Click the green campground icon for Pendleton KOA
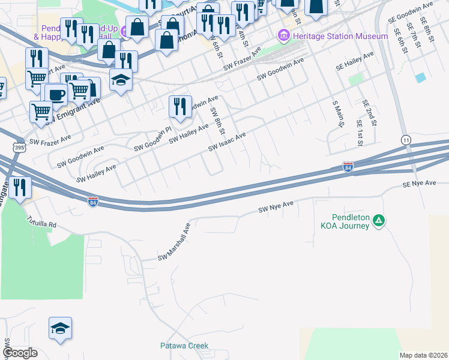click(x=379, y=221)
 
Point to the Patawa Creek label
click(x=184, y=346)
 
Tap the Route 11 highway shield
click(x=407, y=139)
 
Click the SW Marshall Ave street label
click(x=174, y=243)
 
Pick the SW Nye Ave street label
click(x=276, y=208)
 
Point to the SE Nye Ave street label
click(x=419, y=183)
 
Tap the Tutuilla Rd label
click(x=41, y=223)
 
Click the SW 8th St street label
click(x=217, y=121)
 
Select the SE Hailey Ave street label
click(x=355, y=61)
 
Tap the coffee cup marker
click(x=56, y=94)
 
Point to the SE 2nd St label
click(x=369, y=113)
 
